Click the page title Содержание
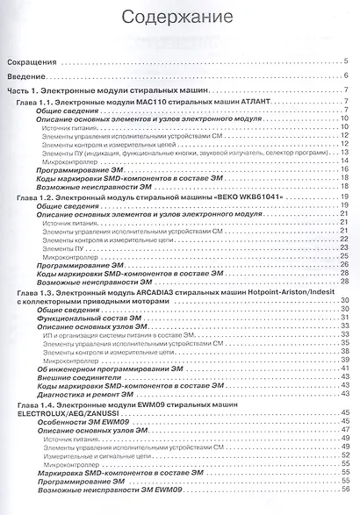tap(179, 17)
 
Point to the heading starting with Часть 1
tap(106, 92)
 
